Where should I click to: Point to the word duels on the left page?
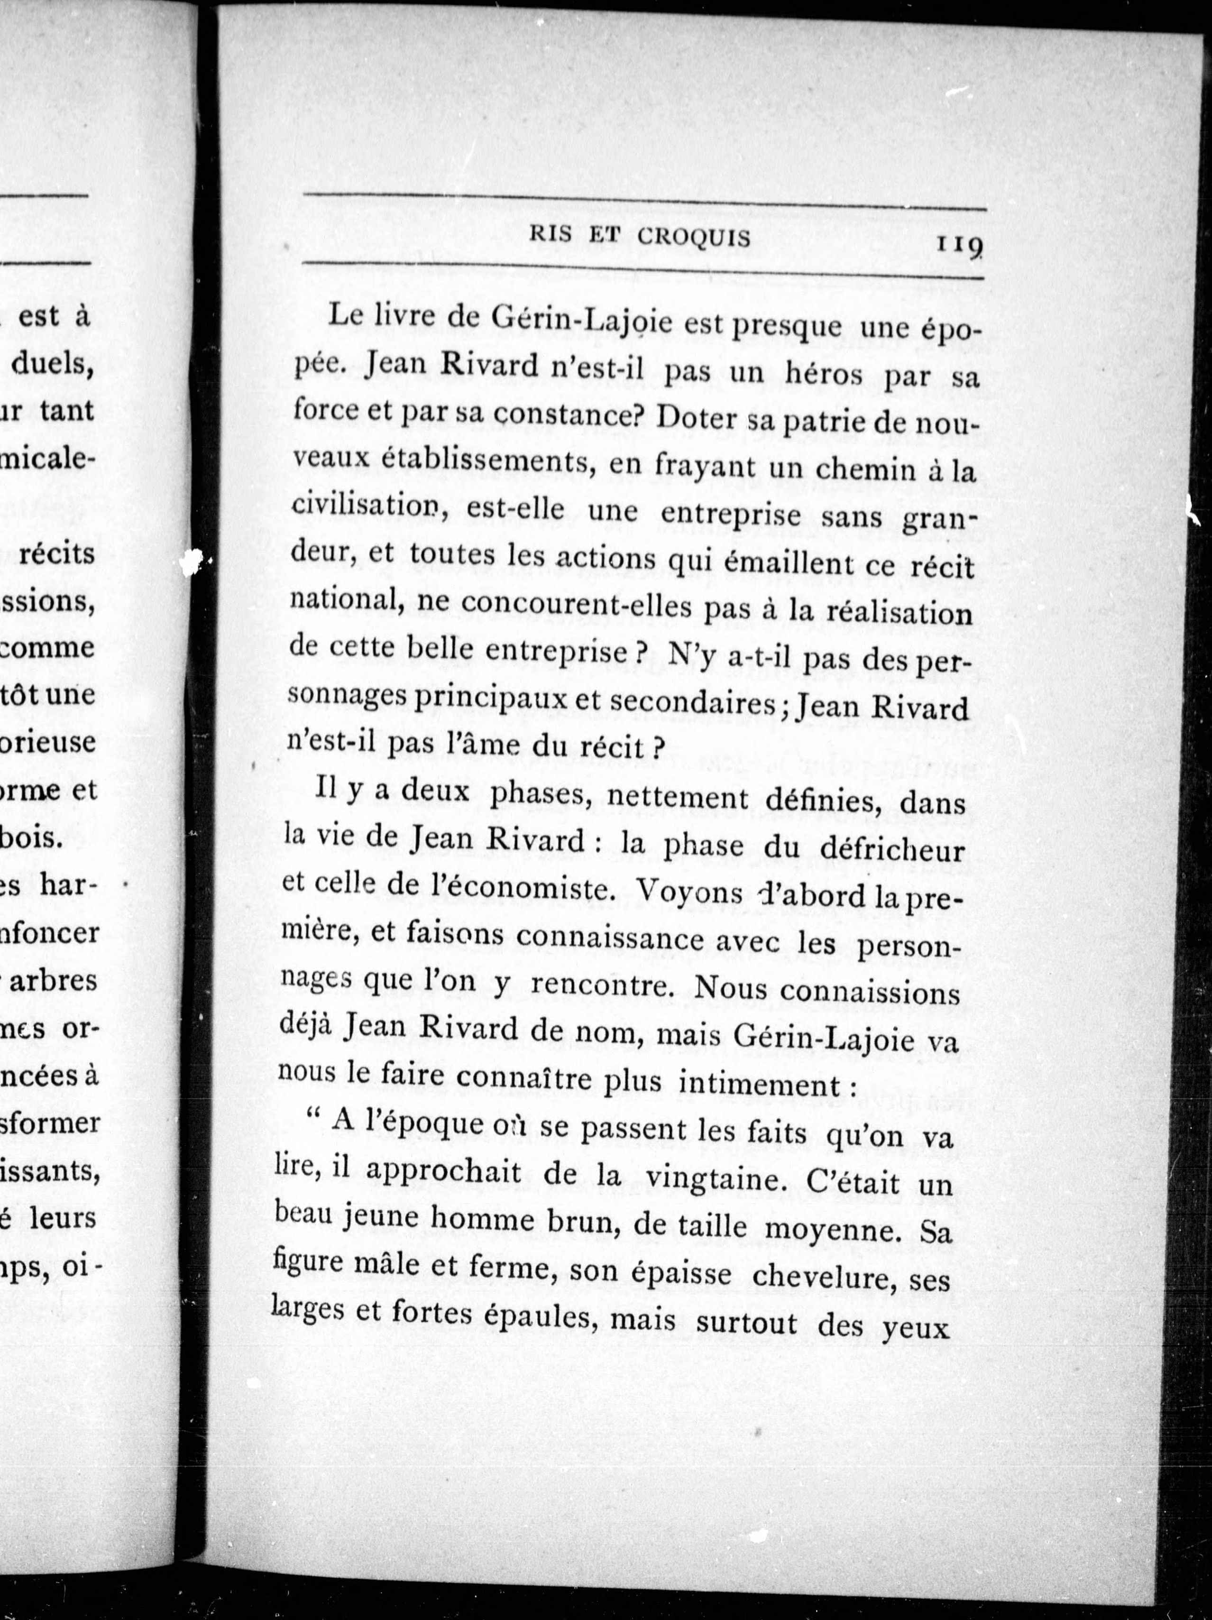pyautogui.click(x=52, y=364)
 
